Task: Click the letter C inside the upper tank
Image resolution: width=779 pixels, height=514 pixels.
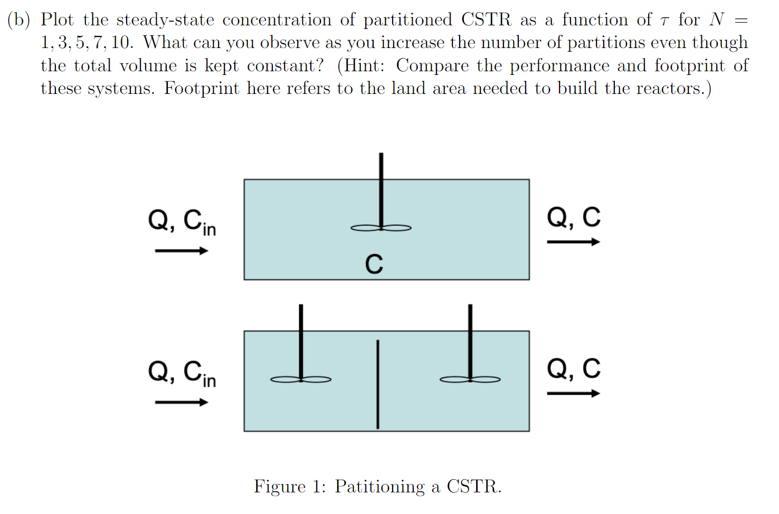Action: pyautogui.click(x=374, y=264)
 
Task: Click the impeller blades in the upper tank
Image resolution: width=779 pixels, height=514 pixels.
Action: pyautogui.click(x=381, y=228)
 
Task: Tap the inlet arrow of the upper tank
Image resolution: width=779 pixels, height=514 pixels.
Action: pyautogui.click(x=181, y=251)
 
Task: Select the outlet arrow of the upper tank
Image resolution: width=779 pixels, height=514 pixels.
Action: pyautogui.click(x=573, y=242)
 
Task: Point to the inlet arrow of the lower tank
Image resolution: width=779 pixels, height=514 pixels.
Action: pyautogui.click(x=181, y=403)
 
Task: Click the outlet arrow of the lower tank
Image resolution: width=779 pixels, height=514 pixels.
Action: pyautogui.click(x=573, y=394)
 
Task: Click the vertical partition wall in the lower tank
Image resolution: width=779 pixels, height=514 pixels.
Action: pyautogui.click(x=377, y=384)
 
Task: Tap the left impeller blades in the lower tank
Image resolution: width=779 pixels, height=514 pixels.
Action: pyautogui.click(x=301, y=379)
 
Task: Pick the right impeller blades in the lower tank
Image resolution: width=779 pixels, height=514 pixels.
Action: pyautogui.click(x=470, y=379)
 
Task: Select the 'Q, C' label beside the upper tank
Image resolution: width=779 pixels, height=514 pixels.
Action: pyautogui.click(x=574, y=217)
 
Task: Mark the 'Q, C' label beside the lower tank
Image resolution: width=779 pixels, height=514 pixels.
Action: pyautogui.click(x=574, y=368)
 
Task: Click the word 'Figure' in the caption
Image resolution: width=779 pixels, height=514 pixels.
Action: pyautogui.click(x=280, y=486)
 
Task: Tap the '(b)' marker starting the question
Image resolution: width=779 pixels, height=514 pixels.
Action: pyautogui.click(x=19, y=20)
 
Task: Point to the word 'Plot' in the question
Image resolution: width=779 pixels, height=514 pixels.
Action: pyautogui.click(x=57, y=20)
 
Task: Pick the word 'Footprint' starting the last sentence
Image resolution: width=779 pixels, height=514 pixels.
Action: pyautogui.click(x=202, y=88)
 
